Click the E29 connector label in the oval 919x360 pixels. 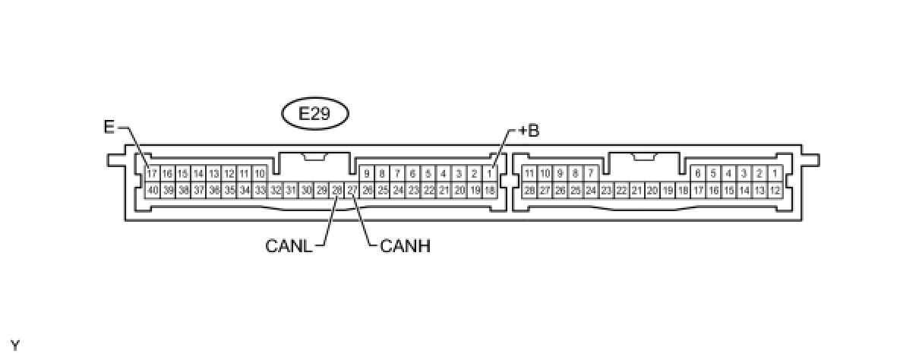tap(314, 115)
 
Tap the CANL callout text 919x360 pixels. tap(289, 245)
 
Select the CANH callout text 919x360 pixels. tap(404, 245)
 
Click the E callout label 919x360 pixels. tap(109, 127)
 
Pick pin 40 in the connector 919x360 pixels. tap(152, 189)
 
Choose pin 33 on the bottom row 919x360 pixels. tap(260, 189)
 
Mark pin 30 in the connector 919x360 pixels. tap(306, 189)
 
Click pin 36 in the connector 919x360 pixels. tap(213, 189)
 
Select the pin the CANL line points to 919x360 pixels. tap(337, 189)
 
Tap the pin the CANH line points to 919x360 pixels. tap(352, 189)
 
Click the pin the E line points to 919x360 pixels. tap(152, 174)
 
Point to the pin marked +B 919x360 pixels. tap(491, 174)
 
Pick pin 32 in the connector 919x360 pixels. tap(275, 189)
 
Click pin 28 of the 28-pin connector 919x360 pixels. tap(529, 189)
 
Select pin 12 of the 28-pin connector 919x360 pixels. tap(775, 189)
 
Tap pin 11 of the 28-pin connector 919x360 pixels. tap(529, 174)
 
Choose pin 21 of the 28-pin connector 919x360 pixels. tap(636, 189)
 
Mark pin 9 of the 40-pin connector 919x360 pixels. tap(368, 174)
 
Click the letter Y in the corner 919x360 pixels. tap(15, 346)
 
